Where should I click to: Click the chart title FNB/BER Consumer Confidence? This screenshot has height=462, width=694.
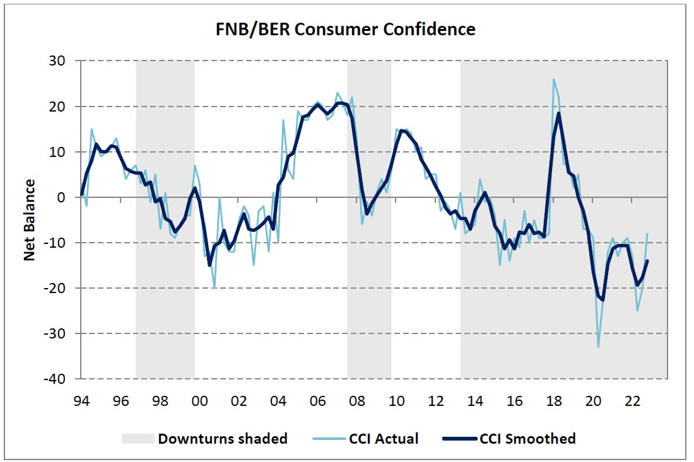[346, 30]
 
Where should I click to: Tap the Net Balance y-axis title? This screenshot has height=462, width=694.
[30, 220]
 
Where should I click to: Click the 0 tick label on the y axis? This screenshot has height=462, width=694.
[70, 197]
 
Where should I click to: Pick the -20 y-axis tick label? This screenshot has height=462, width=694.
[64, 288]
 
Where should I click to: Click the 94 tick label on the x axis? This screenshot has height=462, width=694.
[81, 401]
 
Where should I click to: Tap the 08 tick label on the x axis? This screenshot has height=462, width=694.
[357, 401]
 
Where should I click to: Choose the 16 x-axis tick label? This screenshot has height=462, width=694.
[515, 401]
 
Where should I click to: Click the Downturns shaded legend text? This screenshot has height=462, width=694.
[223, 439]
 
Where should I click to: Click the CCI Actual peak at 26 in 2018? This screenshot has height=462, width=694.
[554, 79]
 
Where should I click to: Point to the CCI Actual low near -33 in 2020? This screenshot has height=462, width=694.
[598, 347]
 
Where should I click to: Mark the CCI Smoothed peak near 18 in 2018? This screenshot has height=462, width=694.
[559, 113]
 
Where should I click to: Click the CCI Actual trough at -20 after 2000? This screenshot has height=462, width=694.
[215, 287]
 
